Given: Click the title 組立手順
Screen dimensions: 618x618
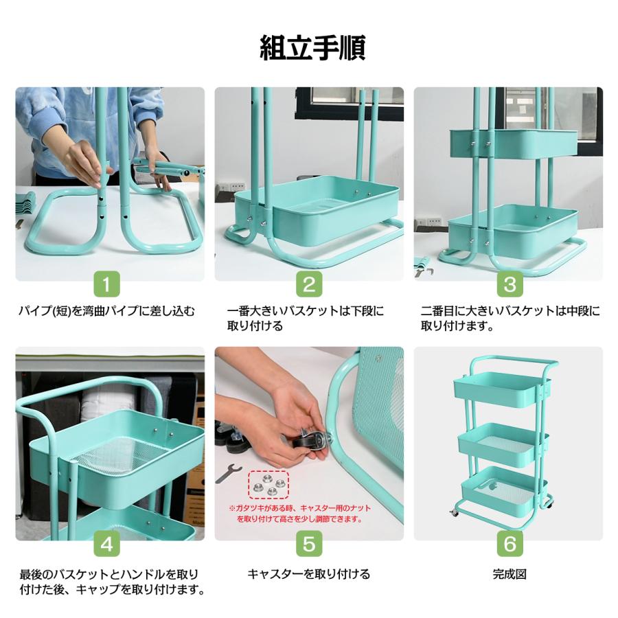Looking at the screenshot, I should [x=308, y=46].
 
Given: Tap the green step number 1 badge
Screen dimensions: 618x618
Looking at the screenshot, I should [x=110, y=284].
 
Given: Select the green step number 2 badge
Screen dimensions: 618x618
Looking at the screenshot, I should [x=308, y=284].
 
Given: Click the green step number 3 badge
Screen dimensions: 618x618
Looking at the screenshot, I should [x=509, y=284].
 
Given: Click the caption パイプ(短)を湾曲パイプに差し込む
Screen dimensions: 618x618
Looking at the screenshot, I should [x=106, y=311].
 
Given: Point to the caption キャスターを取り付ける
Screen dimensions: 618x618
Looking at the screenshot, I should [x=308, y=573].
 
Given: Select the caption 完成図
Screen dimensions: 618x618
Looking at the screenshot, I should [x=509, y=573].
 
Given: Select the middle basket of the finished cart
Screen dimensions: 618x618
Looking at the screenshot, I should [x=499, y=439].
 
